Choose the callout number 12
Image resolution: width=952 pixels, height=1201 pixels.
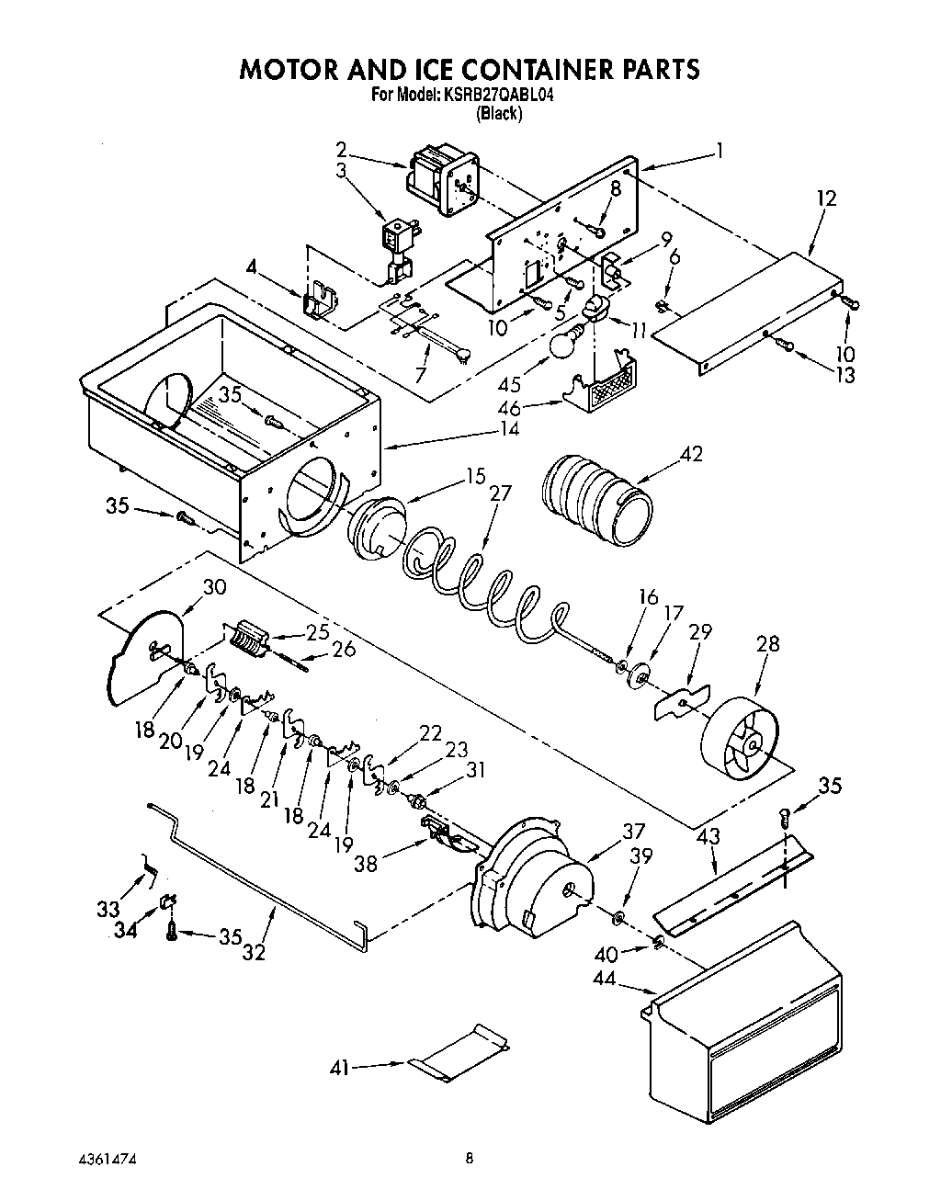tap(826, 197)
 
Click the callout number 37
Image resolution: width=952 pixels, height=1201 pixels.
tap(633, 831)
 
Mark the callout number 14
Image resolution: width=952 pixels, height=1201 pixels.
tap(507, 428)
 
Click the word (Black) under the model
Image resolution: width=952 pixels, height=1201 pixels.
tap(500, 114)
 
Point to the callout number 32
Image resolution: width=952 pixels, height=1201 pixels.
tap(254, 952)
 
